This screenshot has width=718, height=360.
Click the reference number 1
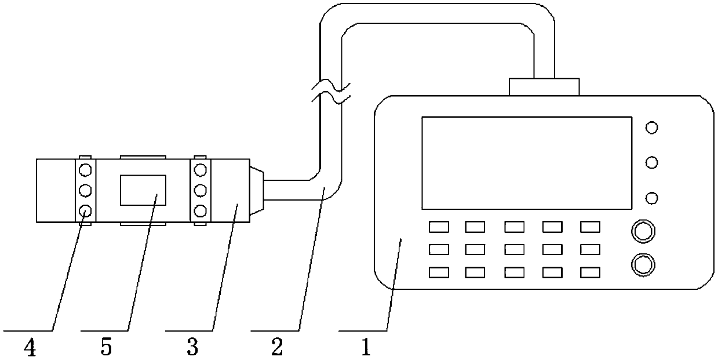pyautogui.click(x=365, y=347)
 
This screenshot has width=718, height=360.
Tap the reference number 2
pyautogui.click(x=277, y=347)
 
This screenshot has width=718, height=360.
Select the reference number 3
pyautogui.click(x=192, y=347)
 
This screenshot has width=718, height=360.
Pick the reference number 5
pyautogui.click(x=107, y=347)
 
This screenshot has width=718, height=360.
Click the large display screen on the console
pyautogui.click(x=526, y=163)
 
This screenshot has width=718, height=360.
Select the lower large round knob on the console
pyautogui.click(x=642, y=265)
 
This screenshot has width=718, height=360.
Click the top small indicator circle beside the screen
pyautogui.click(x=651, y=128)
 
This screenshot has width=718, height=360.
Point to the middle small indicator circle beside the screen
pyautogui.click(x=651, y=163)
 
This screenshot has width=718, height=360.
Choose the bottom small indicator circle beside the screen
pyautogui.click(x=651, y=198)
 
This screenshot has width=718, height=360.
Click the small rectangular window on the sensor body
pyautogui.click(x=143, y=190)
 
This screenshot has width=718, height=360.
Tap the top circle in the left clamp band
pyautogui.click(x=85, y=170)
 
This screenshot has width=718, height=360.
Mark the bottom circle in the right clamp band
pyautogui.click(x=201, y=210)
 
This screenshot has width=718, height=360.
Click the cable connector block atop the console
pyautogui.click(x=544, y=87)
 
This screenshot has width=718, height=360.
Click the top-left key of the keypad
pyautogui.click(x=438, y=227)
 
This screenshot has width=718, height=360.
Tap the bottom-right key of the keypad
pyautogui.click(x=590, y=271)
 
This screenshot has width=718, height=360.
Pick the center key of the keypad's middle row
pyautogui.click(x=514, y=249)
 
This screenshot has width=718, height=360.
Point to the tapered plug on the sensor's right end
pyautogui.click(x=257, y=190)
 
